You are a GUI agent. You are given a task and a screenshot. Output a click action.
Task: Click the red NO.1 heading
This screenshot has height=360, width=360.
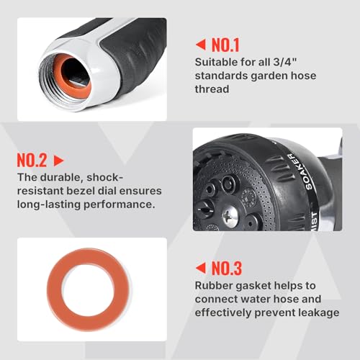pos(225,45)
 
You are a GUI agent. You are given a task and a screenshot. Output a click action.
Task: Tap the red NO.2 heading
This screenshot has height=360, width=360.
pos(32,161)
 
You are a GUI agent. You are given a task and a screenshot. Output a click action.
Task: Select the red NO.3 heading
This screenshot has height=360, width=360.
pos(227,269)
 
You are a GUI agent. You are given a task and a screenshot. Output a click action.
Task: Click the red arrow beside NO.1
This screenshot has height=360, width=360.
pos(201,45)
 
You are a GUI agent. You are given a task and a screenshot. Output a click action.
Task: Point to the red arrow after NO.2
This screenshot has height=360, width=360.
pos(58,161)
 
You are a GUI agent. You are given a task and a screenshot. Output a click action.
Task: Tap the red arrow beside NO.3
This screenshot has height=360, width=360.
pos(201,268)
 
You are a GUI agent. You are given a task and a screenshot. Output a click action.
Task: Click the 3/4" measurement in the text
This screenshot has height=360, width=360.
pos(285,62)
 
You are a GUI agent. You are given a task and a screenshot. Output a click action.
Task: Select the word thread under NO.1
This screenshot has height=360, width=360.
pos(212,89)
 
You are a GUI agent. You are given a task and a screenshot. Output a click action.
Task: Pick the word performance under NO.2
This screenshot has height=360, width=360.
pos(119,204)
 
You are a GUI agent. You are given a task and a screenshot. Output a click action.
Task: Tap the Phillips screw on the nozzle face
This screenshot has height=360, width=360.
pos(230,217)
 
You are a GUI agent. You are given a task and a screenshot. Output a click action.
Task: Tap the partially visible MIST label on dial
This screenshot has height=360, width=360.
pos(314,221)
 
